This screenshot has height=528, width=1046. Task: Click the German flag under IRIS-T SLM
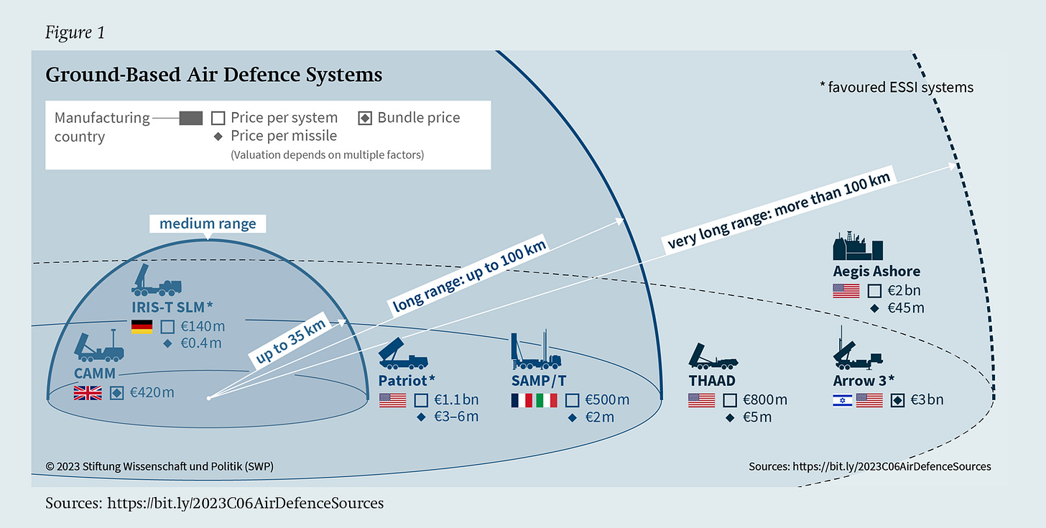click(142, 327)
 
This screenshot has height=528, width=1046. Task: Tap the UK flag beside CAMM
click(88, 393)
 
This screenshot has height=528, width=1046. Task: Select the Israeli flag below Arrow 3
click(842, 400)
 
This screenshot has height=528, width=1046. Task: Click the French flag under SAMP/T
click(522, 400)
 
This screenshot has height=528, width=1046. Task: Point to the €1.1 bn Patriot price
click(460, 400)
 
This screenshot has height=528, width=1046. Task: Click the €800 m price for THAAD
click(765, 400)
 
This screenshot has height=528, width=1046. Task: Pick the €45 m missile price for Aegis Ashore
click(905, 308)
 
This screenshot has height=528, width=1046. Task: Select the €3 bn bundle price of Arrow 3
click(927, 400)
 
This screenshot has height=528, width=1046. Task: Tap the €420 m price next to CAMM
click(152, 393)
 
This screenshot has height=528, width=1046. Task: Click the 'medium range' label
click(208, 223)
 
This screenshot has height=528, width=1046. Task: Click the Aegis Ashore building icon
click(857, 246)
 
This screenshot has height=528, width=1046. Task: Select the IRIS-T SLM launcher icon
click(157, 279)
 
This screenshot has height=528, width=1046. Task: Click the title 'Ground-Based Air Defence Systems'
click(213, 75)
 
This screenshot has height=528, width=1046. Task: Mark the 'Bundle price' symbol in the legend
click(365, 119)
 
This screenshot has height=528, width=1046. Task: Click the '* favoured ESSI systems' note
click(896, 88)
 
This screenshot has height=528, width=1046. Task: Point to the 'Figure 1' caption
click(75, 33)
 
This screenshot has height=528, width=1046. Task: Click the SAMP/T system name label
click(543, 380)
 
